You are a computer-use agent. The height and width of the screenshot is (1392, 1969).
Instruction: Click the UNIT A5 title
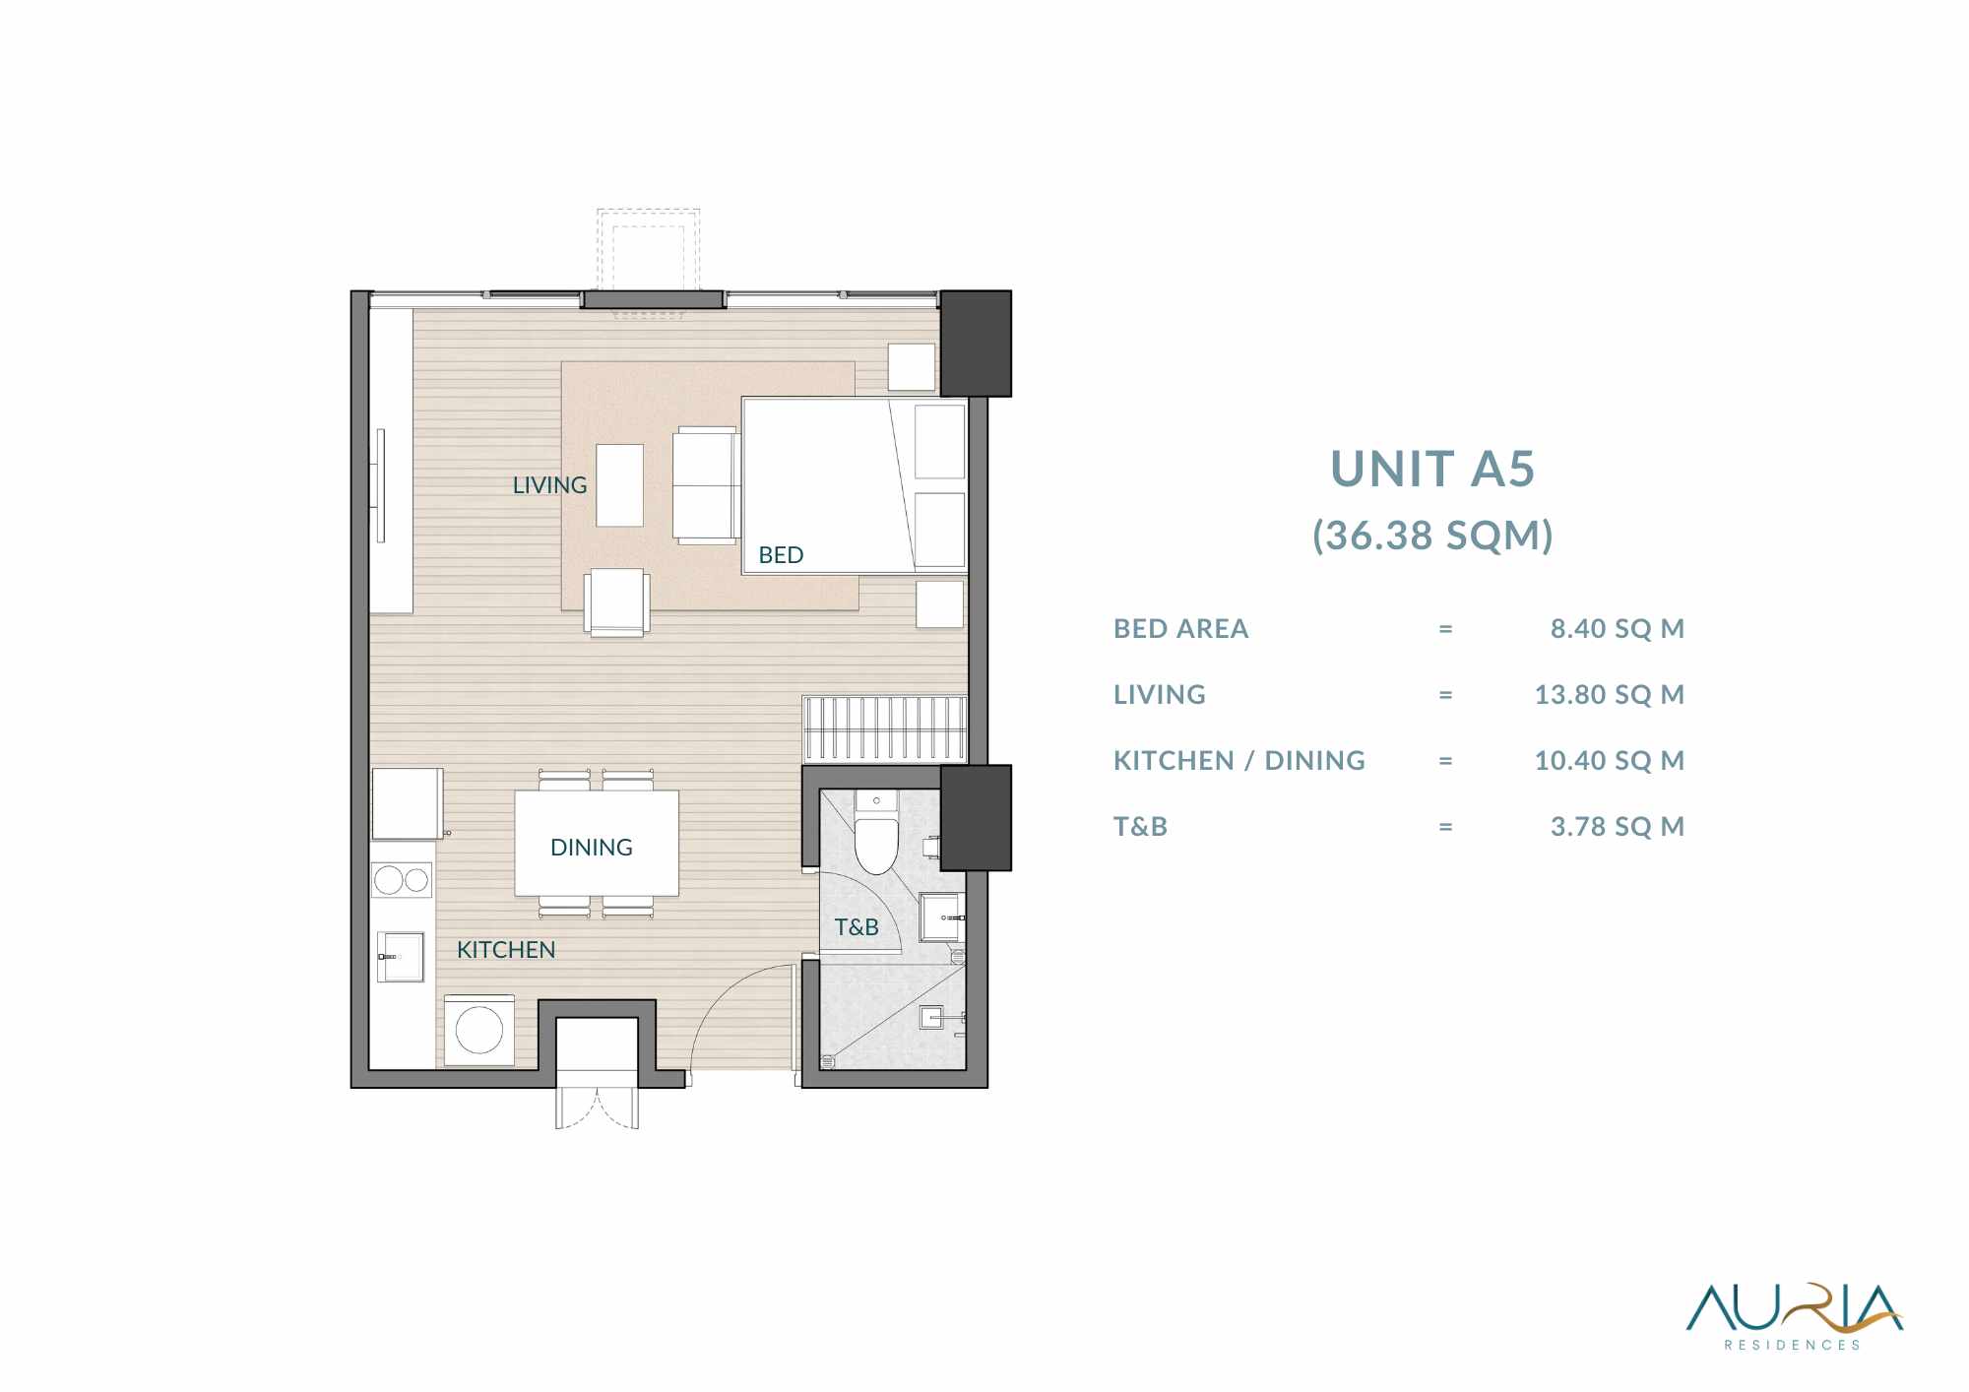pos(1432,469)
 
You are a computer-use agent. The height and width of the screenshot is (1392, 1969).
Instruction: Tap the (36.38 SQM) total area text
pos(1432,536)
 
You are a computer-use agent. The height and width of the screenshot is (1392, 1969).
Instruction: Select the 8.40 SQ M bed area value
pos(1617,628)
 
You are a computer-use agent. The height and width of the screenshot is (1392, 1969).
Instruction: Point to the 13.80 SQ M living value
pos(1609,694)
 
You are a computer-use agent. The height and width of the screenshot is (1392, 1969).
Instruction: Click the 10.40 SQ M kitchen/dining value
pos(1609,760)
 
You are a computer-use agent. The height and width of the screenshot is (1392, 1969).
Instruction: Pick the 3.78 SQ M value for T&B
pos(1617,826)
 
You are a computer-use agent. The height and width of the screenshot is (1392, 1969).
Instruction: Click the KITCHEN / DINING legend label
pos(1239,760)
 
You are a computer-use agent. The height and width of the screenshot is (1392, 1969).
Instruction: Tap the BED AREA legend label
pos(1180,628)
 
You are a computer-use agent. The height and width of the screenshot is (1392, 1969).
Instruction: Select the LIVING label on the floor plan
pos(549,485)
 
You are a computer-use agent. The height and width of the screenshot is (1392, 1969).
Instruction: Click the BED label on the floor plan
pos(781,555)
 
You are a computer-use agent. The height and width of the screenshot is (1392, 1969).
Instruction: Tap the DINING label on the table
pos(591,848)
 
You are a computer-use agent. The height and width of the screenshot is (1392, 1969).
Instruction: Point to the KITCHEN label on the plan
pos(506,950)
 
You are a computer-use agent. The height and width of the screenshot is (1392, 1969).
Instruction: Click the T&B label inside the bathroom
pos(857,927)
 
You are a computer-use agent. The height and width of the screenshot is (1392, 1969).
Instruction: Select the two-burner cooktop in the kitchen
pos(402,879)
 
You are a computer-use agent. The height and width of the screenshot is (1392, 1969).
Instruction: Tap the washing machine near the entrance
pos(479,1030)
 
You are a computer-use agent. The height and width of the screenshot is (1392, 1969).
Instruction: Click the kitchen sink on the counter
pos(401,957)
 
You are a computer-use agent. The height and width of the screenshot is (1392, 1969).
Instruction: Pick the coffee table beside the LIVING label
pos(619,485)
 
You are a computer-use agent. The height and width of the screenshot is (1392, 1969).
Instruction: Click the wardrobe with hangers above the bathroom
pos(885,729)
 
